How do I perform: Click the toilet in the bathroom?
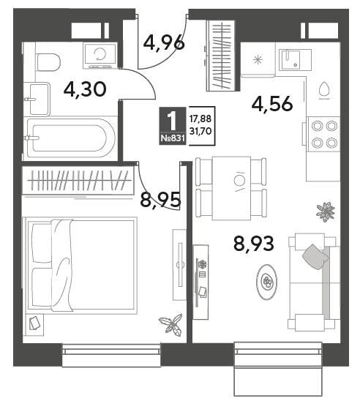pyautogui.click(x=48, y=62)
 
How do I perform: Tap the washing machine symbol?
pyautogui.click(x=100, y=56)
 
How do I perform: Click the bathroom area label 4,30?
pyautogui.click(x=85, y=89)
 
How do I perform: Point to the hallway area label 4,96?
pyautogui.click(x=164, y=42)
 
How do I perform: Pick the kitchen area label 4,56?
pyautogui.click(x=272, y=104)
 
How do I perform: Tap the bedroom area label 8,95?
pyautogui.click(x=160, y=200)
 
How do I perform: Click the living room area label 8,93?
pyautogui.click(x=254, y=243)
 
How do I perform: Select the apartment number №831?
pyautogui.click(x=173, y=138)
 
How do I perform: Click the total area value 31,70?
pyautogui.click(x=200, y=132)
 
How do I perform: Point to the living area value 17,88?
pyautogui.click(x=200, y=119)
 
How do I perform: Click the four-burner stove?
pyautogui.click(x=324, y=134)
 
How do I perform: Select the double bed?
pyautogui.click(x=80, y=266)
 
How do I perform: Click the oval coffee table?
pyautogui.click(x=267, y=282)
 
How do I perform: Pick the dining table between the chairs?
pyautogui.click(x=231, y=188)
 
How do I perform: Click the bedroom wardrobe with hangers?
pyautogui.click(x=78, y=180)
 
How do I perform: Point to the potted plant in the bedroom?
pyautogui.click(x=170, y=323)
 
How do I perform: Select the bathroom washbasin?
pyautogui.click(x=39, y=99)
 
